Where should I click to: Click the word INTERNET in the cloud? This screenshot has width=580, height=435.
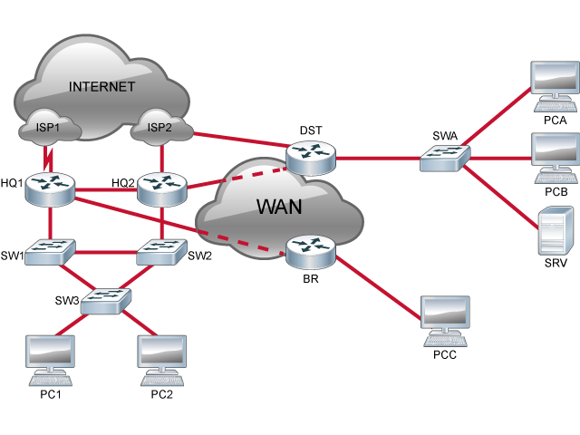101,87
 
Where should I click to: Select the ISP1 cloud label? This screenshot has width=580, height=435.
47,128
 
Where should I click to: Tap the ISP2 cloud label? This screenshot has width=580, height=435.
159,128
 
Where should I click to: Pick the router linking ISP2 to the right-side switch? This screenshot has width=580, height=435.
310,157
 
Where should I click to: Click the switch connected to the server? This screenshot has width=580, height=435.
445,158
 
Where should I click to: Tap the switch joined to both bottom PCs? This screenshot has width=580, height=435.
105,300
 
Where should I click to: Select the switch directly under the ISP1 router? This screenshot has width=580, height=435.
49,251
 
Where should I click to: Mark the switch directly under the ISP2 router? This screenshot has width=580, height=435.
161,251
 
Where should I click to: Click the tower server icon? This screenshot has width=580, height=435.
556,230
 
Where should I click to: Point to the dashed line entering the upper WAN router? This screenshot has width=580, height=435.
259,171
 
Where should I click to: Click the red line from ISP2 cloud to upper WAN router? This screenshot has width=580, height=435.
240,139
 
